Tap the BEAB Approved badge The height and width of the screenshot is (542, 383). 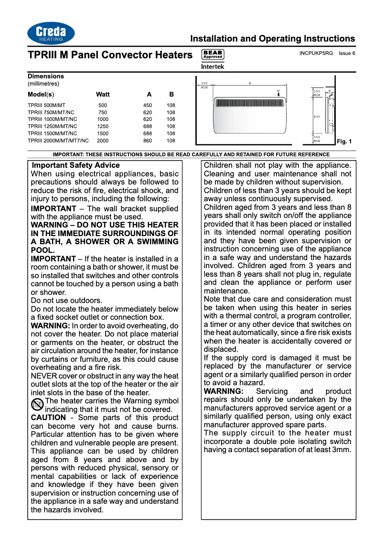[213, 54]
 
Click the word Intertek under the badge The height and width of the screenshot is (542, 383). [213, 66]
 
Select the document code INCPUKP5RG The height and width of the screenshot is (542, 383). [316, 53]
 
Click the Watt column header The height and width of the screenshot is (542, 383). [103, 94]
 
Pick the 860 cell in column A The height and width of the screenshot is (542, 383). [148, 141]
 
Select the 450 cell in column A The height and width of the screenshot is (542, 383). [148, 105]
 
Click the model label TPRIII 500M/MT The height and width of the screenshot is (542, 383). [46, 105]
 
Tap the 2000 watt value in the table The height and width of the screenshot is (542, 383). [103, 141]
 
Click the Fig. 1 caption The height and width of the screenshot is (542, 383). [344, 141]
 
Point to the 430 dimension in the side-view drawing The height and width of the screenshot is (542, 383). [317, 117]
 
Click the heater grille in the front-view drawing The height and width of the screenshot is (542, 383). [250, 103]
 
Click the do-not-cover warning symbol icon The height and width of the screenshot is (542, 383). [37, 405]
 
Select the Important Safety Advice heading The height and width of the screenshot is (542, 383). [75, 165]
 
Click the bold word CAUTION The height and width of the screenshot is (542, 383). [48, 418]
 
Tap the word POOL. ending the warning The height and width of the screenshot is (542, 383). [43, 250]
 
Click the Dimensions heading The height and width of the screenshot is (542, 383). [45, 76]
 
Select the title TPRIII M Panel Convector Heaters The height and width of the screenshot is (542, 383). [110, 55]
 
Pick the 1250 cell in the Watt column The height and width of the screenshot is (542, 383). [103, 126]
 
